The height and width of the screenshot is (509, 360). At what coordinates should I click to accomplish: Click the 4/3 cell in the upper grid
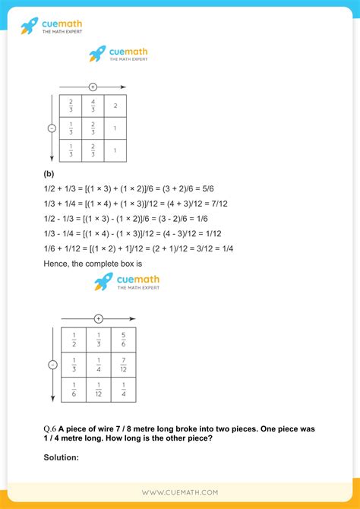coord(93,106)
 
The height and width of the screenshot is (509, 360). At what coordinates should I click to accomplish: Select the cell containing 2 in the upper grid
coord(115,106)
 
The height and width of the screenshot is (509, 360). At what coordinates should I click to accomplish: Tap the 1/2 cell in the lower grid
coord(73,339)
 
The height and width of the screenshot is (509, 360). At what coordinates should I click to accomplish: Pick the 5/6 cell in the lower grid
coord(123,339)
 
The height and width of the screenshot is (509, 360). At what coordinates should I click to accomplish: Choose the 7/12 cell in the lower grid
coord(123,365)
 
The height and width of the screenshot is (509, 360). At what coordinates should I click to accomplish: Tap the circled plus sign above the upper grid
coord(93,87)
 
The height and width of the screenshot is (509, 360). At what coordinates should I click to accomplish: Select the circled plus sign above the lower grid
coord(98,318)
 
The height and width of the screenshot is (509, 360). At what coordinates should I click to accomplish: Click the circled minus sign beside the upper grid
coord(52,128)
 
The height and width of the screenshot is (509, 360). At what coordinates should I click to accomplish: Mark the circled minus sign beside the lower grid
coord(52,365)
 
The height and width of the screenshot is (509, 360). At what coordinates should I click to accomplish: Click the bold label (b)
coord(49,173)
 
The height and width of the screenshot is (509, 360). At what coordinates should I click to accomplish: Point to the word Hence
coord(57,264)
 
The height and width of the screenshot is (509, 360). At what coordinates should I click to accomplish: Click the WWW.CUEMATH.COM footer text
coord(180,493)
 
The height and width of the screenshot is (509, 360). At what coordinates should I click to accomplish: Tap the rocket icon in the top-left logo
coord(28,27)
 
